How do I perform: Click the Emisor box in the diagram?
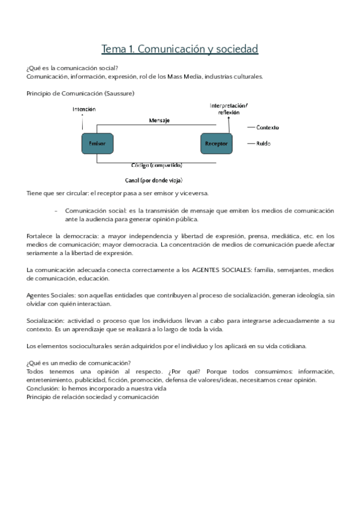(97, 144)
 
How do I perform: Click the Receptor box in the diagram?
(216, 144)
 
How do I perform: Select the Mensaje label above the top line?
(159, 120)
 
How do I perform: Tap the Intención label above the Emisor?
(83, 110)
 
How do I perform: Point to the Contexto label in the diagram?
(267, 127)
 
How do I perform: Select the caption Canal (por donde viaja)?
(154, 179)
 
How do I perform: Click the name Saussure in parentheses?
(119, 93)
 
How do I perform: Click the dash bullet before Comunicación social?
(56, 211)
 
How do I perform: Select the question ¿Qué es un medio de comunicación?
(79, 363)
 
